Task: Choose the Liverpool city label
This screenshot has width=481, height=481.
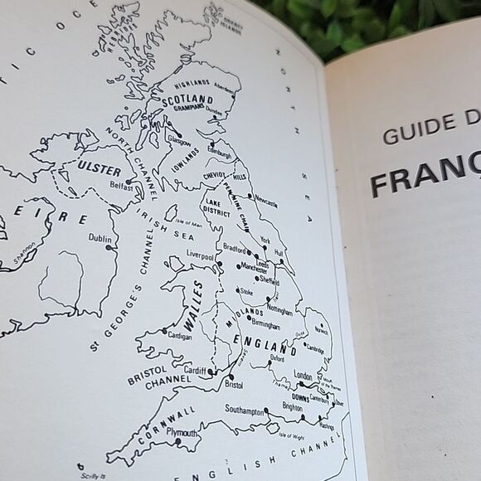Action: tap(201, 256)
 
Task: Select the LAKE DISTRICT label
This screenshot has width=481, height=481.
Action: tap(216, 213)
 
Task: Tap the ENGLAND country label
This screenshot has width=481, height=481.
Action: tap(260, 342)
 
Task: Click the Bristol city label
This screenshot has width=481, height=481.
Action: tap(234, 385)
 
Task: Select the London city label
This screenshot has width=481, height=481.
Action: tap(304, 376)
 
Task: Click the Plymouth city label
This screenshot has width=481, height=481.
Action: tap(182, 433)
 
